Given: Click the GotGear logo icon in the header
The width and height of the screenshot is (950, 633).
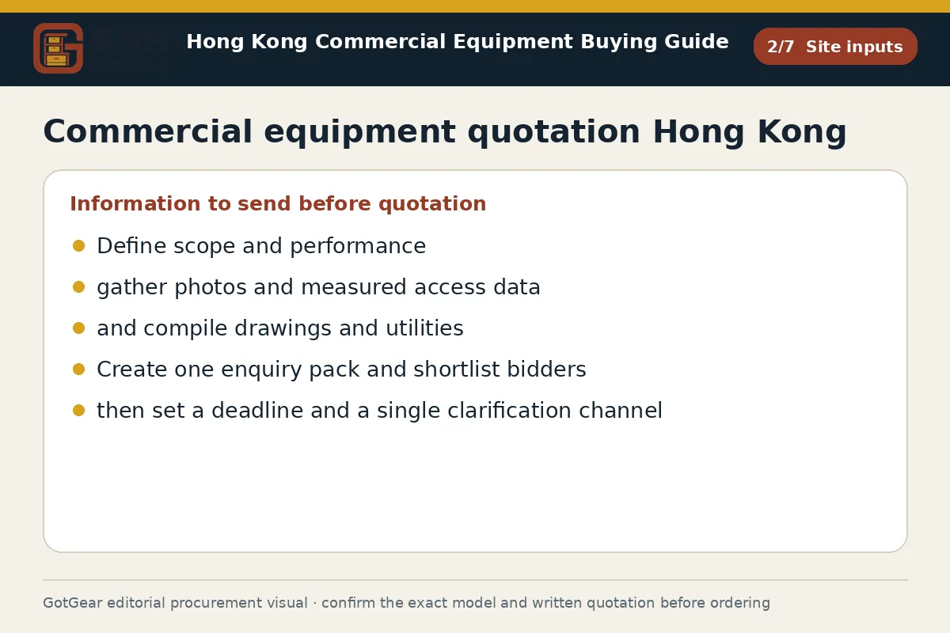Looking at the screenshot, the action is point(58,48).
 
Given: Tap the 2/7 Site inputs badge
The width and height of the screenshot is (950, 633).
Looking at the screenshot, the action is point(835,46).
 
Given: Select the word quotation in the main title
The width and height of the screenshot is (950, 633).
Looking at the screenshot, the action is point(553,131).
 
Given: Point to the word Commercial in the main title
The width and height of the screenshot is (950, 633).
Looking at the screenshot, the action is point(147,131).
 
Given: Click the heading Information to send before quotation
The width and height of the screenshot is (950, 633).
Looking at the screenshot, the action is point(278,203).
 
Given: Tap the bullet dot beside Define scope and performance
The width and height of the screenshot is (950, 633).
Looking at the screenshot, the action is point(78,246).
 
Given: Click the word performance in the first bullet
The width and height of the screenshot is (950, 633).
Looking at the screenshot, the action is point(358,246).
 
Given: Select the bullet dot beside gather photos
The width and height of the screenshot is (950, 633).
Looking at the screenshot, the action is point(78,287).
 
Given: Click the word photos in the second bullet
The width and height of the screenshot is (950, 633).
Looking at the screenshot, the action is point(211,287).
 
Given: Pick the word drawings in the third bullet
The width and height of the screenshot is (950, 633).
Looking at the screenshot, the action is point(283,328).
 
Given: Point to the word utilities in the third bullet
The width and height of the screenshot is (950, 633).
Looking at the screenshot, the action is point(424,328).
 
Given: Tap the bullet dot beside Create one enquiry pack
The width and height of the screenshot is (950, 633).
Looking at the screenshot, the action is point(78,370).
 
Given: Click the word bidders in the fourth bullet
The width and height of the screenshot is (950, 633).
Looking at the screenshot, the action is point(547,369).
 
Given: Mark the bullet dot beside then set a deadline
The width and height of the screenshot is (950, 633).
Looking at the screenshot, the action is point(78,411).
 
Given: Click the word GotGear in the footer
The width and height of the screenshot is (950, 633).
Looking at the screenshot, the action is point(73,602).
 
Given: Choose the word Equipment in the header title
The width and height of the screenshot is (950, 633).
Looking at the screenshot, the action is point(513,42).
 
